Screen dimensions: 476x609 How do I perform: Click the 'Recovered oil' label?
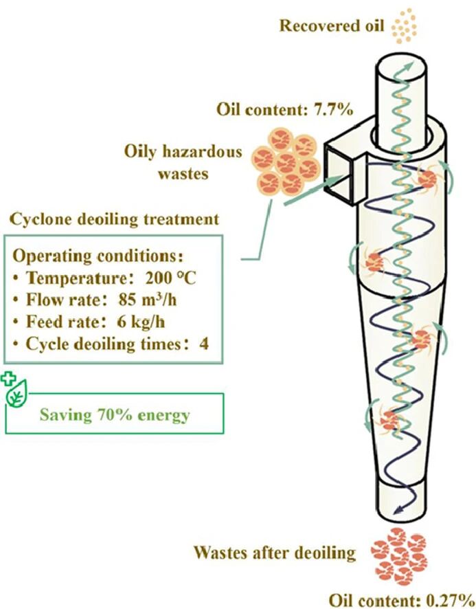pyautogui.click(x=332, y=26)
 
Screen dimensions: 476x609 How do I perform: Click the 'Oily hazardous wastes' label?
pyautogui.click(x=183, y=162)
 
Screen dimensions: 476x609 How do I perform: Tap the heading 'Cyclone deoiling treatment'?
pyautogui.click(x=115, y=219)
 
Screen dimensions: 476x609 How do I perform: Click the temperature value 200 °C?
pyautogui.click(x=171, y=278)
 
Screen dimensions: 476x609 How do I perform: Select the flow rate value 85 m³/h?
pyautogui.click(x=148, y=300)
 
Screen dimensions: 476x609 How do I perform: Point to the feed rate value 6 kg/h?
pyautogui.click(x=141, y=322)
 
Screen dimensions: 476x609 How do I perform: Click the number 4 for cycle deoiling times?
pyautogui.click(x=204, y=344)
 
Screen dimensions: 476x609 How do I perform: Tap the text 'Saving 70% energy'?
pyautogui.click(x=115, y=414)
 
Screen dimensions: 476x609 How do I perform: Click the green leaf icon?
pyautogui.click(x=17, y=393)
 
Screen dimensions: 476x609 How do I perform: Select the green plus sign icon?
pyautogui.click(x=7, y=378)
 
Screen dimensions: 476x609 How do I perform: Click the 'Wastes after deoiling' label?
pyautogui.click(x=275, y=553)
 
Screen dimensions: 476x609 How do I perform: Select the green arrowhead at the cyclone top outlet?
pyautogui.click(x=408, y=66)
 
